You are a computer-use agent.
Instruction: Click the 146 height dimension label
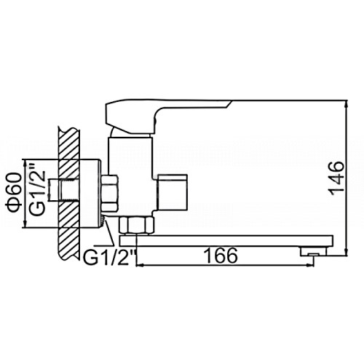click(337, 178)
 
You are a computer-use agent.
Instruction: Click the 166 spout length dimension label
click(221, 256)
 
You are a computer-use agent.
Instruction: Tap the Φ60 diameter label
click(14, 193)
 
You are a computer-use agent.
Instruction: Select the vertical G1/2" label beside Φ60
click(37, 189)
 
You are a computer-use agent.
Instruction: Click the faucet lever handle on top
click(167, 116)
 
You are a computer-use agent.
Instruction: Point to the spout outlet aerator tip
click(314, 252)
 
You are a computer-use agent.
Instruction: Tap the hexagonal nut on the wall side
click(110, 193)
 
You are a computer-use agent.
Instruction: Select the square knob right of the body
click(172, 192)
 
